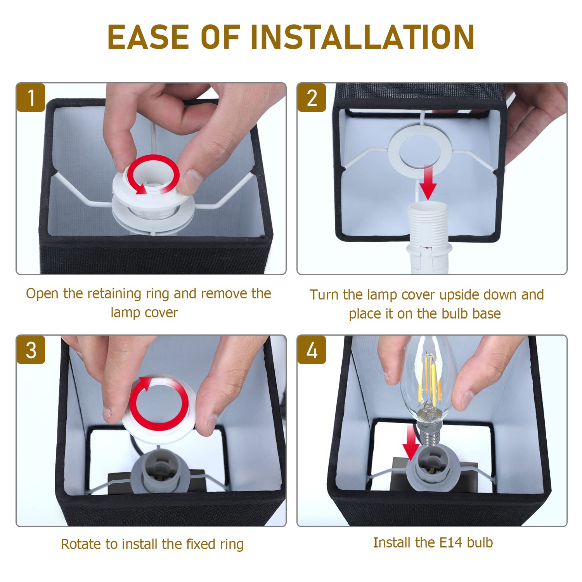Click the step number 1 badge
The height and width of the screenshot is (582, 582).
click(31, 97)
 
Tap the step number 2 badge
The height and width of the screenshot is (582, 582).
click(312, 97)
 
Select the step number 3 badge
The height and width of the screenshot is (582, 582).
click(31, 350)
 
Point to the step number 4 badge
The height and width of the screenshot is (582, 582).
click(312, 350)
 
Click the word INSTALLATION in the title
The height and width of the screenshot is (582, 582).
click(362, 37)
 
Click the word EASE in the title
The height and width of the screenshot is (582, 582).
click(148, 37)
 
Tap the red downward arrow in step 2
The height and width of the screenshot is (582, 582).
click(428, 182)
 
